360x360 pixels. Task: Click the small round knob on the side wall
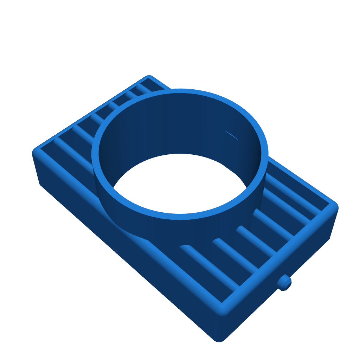point(284,282)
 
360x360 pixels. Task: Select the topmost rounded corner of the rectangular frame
point(149,78)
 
